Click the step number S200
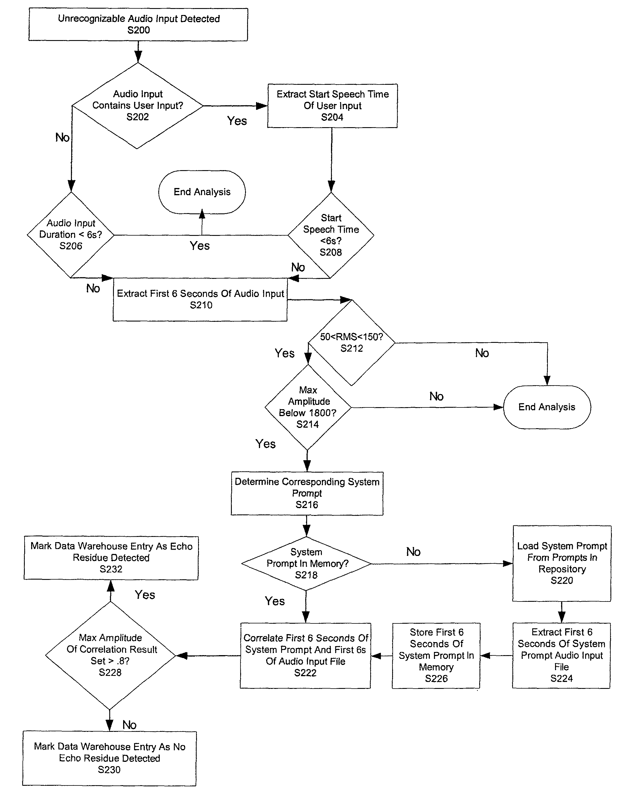[x=138, y=30]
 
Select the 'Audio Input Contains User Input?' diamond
[x=137, y=106]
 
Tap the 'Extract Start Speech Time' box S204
[x=332, y=106]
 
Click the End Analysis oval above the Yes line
[x=202, y=192]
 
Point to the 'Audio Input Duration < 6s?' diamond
[x=71, y=235]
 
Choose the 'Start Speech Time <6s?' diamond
[x=331, y=235]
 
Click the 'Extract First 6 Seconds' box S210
[x=200, y=299]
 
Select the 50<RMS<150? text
[x=351, y=337]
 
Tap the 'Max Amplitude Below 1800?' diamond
[x=308, y=407]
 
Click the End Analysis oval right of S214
[x=547, y=407]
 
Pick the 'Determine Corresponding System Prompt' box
[x=307, y=493]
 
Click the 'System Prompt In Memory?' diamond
[x=307, y=564]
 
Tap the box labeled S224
[x=561, y=655]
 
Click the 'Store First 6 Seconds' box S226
[x=436, y=655]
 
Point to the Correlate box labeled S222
[x=305, y=655]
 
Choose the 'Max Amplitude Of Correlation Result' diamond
[x=110, y=655]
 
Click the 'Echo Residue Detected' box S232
[x=111, y=558]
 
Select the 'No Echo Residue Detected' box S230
[x=109, y=758]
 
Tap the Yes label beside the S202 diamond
[x=237, y=121]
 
